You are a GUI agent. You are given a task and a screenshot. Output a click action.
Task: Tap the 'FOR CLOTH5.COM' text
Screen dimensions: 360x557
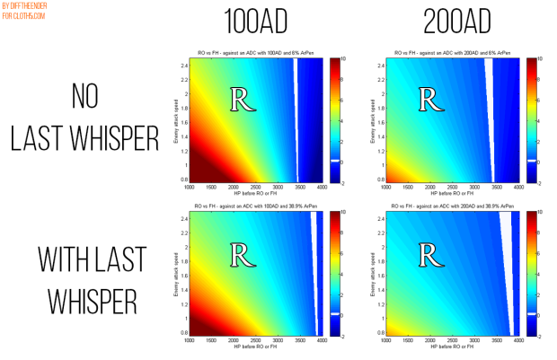[x=25, y=15]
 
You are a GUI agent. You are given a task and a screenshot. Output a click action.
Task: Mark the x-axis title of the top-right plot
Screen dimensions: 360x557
[x=443, y=194]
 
